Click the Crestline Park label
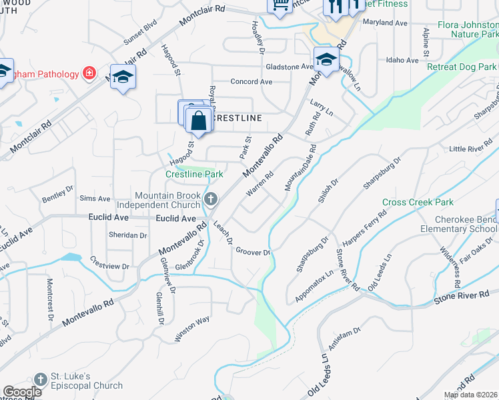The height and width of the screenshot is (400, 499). click(x=194, y=174)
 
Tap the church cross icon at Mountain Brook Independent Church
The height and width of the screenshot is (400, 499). click(x=211, y=198)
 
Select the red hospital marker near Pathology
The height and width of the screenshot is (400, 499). click(x=88, y=73)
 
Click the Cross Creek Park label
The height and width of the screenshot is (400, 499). click(x=418, y=202)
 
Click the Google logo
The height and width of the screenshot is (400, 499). click(x=22, y=392)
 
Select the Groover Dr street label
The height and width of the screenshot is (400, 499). click(x=252, y=251)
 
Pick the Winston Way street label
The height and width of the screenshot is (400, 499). click(x=192, y=329)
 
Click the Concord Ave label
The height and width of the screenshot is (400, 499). click(x=252, y=81)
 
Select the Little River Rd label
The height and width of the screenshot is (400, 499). click(x=470, y=148)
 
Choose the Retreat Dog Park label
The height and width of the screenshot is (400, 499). click(x=462, y=67)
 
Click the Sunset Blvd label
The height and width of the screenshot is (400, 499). click(x=140, y=31)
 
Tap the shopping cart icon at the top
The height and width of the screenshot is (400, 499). click(x=280, y=5)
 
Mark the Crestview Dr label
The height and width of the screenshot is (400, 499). click(x=108, y=262)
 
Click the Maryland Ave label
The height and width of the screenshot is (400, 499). click(x=385, y=23)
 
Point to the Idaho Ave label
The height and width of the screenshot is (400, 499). click(x=402, y=60)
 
